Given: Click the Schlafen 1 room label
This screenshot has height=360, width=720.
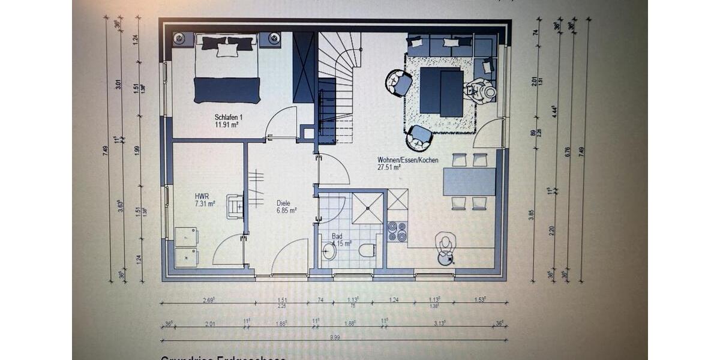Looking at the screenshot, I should tap(229, 117).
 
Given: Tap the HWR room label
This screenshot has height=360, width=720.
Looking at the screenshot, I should tap(201, 196).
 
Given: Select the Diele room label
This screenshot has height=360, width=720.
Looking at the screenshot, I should tap(283, 203).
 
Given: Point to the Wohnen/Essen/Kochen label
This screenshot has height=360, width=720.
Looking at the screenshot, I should tap(407, 160).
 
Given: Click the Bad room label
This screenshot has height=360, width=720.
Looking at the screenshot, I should tap(338, 236).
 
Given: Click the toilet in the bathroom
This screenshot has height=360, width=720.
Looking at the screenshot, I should tap(367, 250).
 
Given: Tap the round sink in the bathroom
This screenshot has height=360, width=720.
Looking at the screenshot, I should tap(329, 251).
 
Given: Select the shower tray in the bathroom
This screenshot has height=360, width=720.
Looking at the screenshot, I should tap(367, 208).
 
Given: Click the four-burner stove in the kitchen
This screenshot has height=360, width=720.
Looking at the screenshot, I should tap(397, 231).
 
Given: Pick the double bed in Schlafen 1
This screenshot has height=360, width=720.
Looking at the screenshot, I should tap(227, 69).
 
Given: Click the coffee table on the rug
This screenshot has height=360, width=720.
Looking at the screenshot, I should tap(441, 91).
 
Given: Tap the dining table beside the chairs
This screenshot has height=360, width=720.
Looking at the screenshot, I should tap(469, 181).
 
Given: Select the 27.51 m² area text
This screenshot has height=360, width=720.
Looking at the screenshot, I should tap(389, 168).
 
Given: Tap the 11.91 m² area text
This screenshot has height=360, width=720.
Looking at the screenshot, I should tap(228, 125).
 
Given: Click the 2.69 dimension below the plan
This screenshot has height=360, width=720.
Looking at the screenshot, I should tap(208, 299).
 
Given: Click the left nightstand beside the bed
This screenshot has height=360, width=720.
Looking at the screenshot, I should tap(179, 39).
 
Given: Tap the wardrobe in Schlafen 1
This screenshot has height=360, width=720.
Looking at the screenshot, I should tap(304, 67).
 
